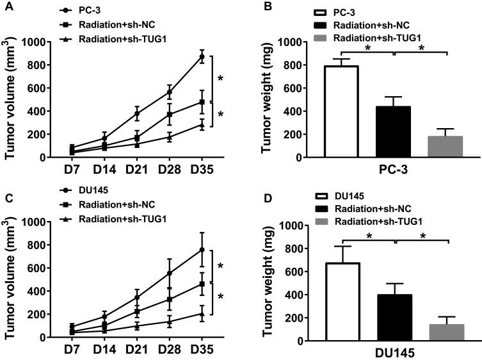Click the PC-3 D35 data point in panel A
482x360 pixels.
point(202,56)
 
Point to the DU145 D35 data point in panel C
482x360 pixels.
point(202,250)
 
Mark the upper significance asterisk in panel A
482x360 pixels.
point(221,79)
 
